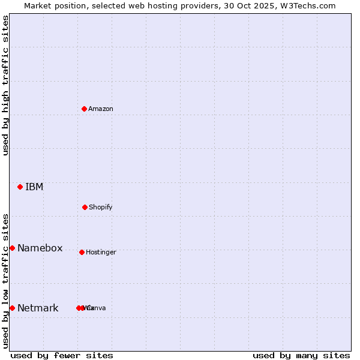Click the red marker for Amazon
[x=85, y=109]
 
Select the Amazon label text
[x=101, y=109]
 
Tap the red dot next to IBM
[x=20, y=187]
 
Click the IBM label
[x=34, y=187]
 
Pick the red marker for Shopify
[x=85, y=207]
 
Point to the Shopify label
[x=101, y=207]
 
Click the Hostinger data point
[x=82, y=252]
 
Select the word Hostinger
[x=101, y=252]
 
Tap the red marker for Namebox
[x=12, y=248]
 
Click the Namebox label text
[x=40, y=248]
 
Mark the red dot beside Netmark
[x=12, y=308]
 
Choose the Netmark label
[x=38, y=308]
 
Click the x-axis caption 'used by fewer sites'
[x=62, y=355]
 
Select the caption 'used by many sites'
[x=301, y=355]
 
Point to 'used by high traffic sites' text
[x=5, y=85]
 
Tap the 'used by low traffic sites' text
[x=5, y=281]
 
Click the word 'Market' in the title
[x=38, y=5]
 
